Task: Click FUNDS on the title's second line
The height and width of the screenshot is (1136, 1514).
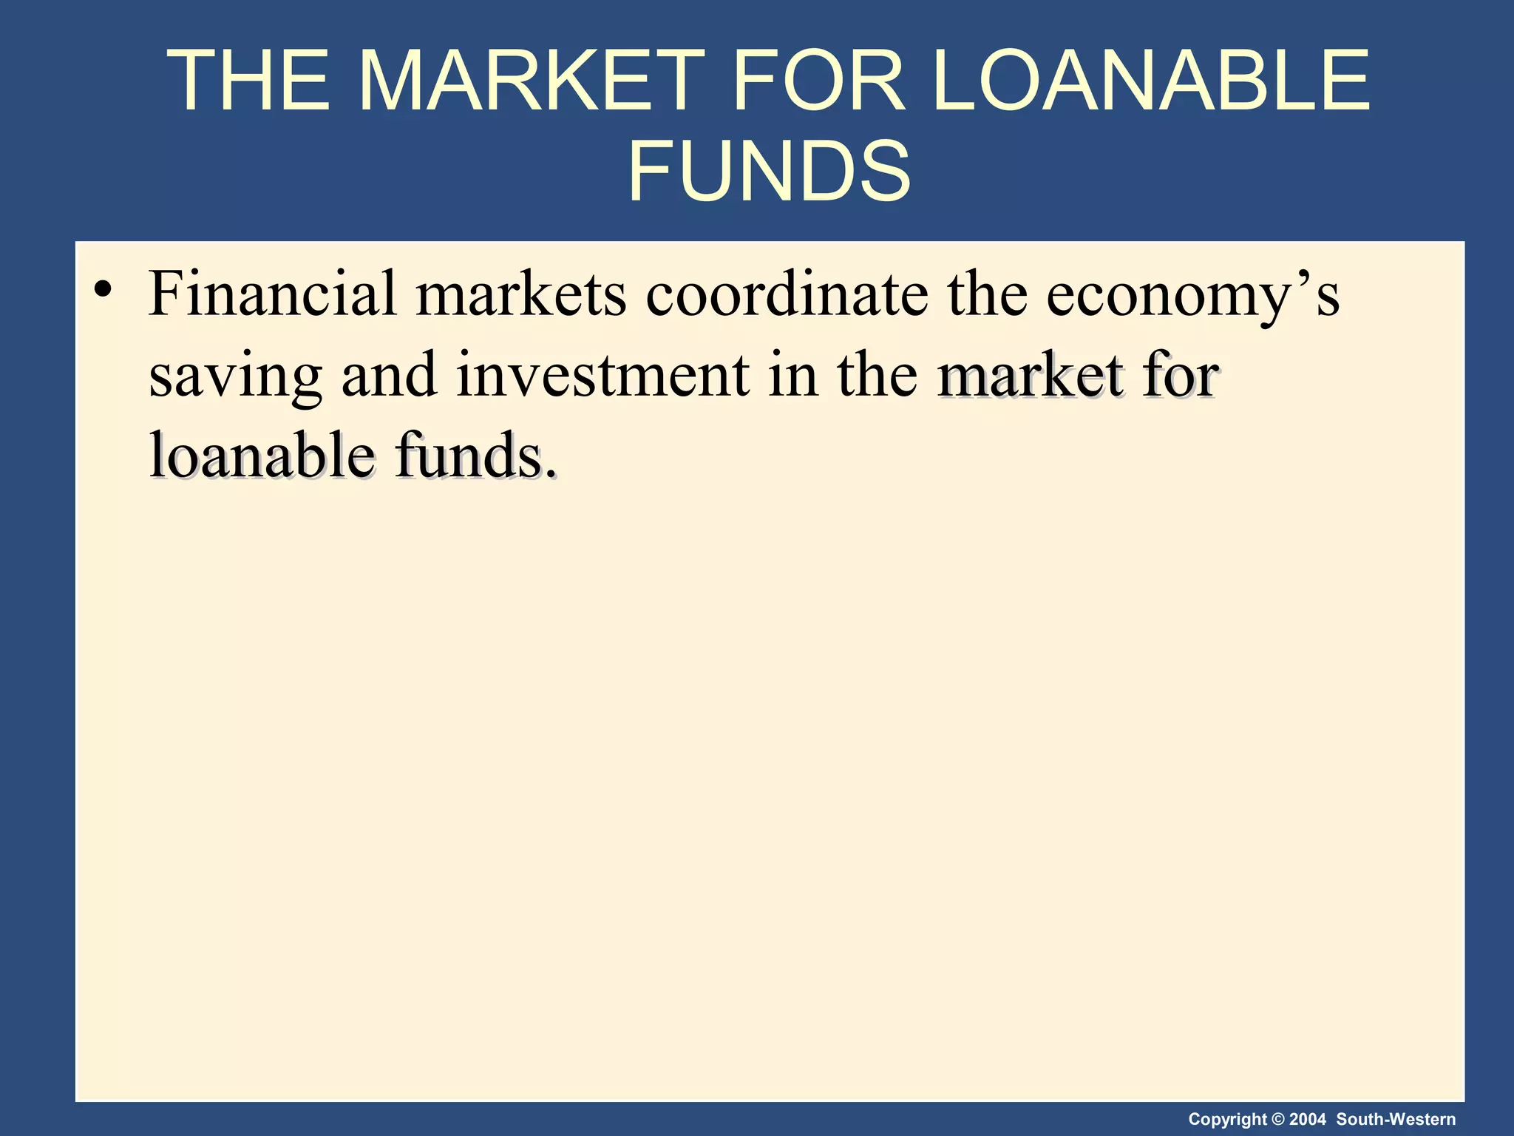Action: pos(769,172)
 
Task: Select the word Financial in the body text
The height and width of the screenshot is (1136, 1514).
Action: pos(273,294)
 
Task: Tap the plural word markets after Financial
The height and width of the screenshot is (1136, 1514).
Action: pos(521,294)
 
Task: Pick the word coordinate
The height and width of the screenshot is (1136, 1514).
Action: pos(787,294)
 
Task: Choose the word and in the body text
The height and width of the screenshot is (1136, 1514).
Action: pos(389,374)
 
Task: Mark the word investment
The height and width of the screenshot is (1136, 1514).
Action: pos(602,374)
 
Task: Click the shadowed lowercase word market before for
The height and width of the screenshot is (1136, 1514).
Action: pos(1031,374)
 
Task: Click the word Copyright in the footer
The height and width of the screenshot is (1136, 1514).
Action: pos(1226,1120)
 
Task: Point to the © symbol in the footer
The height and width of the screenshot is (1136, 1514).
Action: pos(1277,1120)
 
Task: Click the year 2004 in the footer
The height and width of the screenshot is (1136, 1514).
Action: pos(1308,1120)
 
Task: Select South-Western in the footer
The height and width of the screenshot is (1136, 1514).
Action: pos(1396,1120)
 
